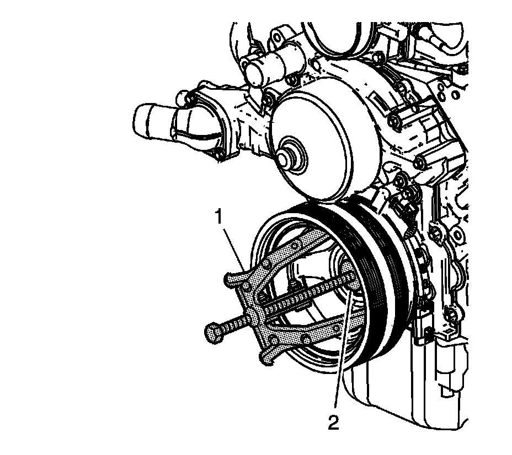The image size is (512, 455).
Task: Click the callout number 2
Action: click(x=333, y=422)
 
